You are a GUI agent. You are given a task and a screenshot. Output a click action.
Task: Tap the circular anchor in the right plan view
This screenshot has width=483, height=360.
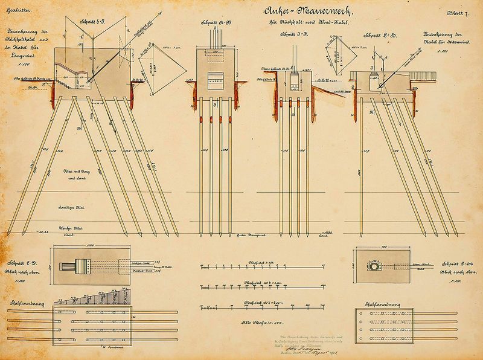[x=380, y=266]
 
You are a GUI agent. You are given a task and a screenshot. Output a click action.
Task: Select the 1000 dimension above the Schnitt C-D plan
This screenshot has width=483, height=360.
[x=90, y=246]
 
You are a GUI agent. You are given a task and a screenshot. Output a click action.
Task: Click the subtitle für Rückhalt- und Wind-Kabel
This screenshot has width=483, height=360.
[x=302, y=23]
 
